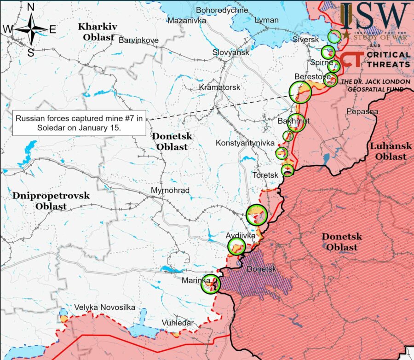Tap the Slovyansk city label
pyautogui.click(x=230, y=52)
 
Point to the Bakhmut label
pyautogui.click(x=293, y=121)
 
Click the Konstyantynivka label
pyautogui.click(x=245, y=143)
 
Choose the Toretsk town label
pyautogui.click(x=265, y=175)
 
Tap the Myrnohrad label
pyautogui.click(x=170, y=190)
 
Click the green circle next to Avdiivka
pyautogui.click(x=237, y=246)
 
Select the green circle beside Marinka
pyautogui.click(x=211, y=284)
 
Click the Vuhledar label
pyautogui.click(x=177, y=323)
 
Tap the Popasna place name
pyautogui.click(x=362, y=111)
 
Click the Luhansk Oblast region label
pyautogui.click(x=388, y=151)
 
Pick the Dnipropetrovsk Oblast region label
pyautogui.click(x=51, y=201)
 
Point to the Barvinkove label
pyautogui.click(x=138, y=40)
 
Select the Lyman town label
pyautogui.click(x=267, y=20)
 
